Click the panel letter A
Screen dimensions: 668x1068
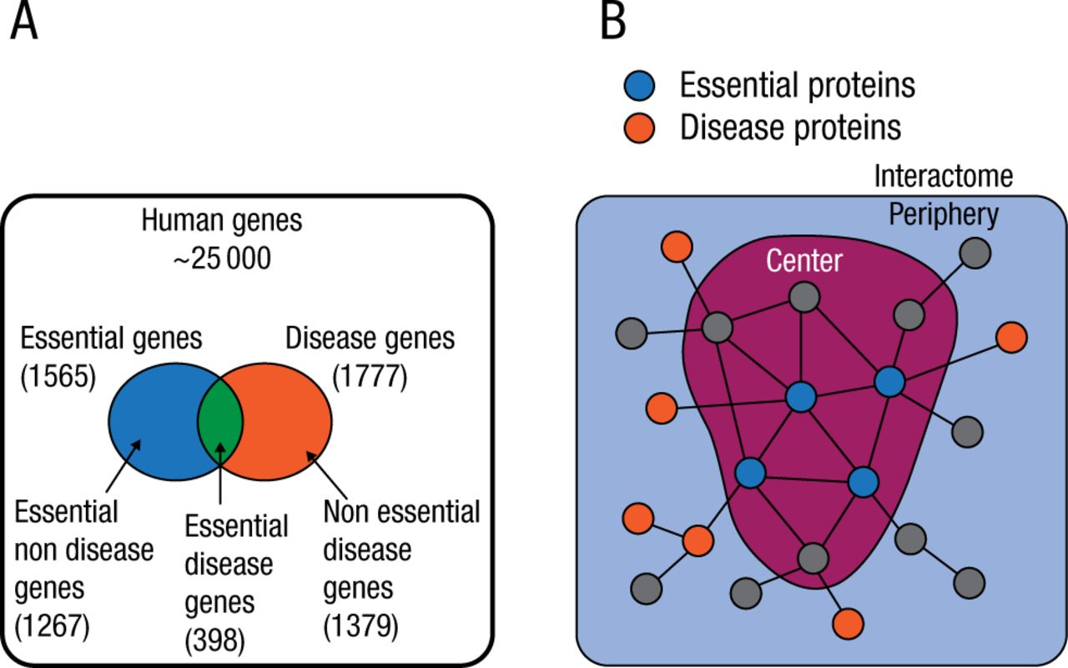(x=24, y=23)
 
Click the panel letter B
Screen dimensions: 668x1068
(x=613, y=23)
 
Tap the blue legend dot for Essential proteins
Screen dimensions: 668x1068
(x=640, y=86)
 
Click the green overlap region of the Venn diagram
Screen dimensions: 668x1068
(x=220, y=421)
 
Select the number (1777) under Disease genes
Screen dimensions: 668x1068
(x=369, y=377)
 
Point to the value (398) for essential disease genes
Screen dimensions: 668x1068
(x=214, y=640)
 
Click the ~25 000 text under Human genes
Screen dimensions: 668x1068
(x=222, y=259)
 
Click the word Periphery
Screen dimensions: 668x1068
(x=943, y=215)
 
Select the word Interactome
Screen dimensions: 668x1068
(x=943, y=177)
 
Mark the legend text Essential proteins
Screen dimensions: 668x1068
(x=798, y=85)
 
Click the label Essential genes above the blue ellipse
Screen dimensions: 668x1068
(x=111, y=339)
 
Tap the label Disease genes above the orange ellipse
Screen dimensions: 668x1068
(x=370, y=339)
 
